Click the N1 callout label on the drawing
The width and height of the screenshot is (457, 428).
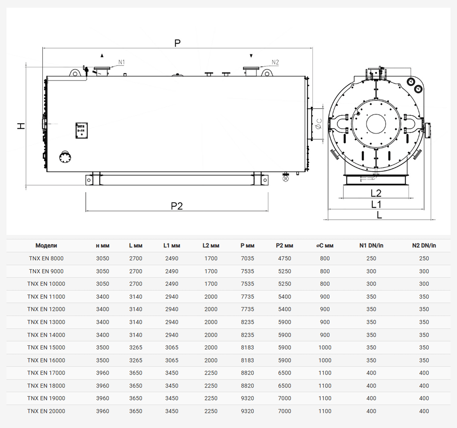[122, 62]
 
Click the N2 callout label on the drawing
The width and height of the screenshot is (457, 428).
[275, 62]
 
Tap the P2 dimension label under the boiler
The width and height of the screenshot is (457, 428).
[177, 206]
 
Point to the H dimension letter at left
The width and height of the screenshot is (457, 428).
[21, 126]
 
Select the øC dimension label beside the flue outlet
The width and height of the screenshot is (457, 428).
[319, 124]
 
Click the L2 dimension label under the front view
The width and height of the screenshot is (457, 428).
[376, 193]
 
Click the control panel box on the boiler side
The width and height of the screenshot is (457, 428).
[81, 131]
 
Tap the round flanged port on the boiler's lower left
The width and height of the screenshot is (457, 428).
[65, 157]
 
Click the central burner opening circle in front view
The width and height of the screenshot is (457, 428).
[376, 124]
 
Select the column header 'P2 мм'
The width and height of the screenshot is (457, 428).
[284, 246]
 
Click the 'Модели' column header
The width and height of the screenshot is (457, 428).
[46, 245]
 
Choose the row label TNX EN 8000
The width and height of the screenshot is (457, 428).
[46, 258]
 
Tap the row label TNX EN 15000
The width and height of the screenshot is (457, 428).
[46, 347]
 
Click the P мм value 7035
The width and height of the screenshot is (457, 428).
[248, 258]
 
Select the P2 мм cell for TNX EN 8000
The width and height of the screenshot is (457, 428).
[285, 258]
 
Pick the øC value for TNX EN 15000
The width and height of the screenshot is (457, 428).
[325, 347]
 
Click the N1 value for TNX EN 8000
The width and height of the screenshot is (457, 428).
[371, 258]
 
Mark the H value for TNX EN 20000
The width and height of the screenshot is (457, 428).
[103, 411]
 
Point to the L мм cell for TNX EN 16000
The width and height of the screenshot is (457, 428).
[136, 360]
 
